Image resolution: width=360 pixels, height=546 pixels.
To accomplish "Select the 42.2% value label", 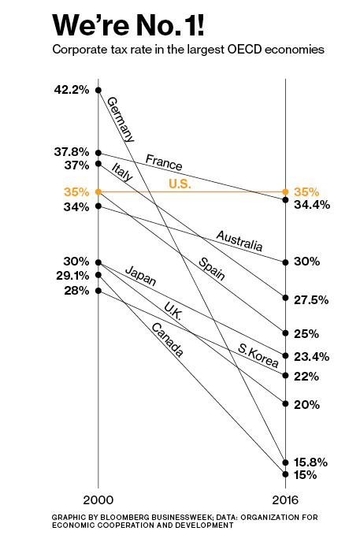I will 71,90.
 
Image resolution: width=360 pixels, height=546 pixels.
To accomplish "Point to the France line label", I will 164,163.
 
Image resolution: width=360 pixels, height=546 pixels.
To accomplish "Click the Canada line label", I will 167,340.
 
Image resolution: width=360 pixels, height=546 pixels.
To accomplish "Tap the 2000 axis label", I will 98,501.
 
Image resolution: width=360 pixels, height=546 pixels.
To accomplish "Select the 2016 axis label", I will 285,501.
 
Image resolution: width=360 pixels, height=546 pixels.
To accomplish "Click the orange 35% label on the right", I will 306,191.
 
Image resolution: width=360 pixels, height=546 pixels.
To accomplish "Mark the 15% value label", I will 305,475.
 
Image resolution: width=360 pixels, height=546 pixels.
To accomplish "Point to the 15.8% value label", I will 310,462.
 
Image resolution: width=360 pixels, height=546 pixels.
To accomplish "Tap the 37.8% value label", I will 71,151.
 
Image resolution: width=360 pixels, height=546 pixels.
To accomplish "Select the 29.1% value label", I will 72,276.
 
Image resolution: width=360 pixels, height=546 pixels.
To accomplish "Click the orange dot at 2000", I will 98,191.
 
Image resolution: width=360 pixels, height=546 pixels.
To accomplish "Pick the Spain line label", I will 211,269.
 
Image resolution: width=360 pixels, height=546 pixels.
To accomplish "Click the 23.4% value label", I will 310,357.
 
